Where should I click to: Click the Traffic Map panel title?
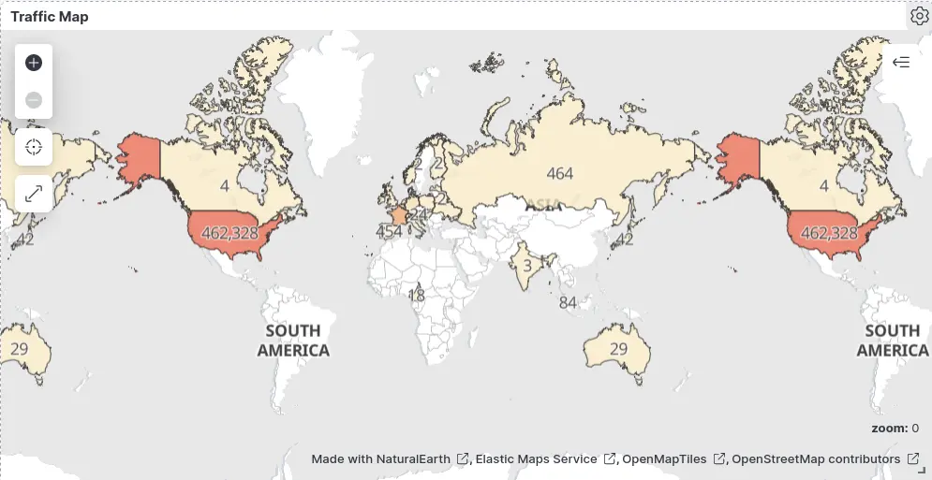pyautogui.click(x=50, y=17)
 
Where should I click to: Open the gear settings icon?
pyautogui.click(x=918, y=16)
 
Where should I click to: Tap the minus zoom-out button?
pyautogui.click(x=34, y=99)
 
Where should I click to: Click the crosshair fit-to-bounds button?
pyautogui.click(x=34, y=147)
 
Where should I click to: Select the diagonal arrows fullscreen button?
pyautogui.click(x=34, y=194)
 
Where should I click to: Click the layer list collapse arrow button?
pyautogui.click(x=901, y=63)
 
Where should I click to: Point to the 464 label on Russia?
pyautogui.click(x=559, y=173)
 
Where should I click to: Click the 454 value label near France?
pyautogui.click(x=388, y=231)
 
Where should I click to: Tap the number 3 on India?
pyautogui.click(x=527, y=266)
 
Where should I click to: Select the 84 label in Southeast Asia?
pyautogui.click(x=568, y=302)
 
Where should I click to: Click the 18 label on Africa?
pyautogui.click(x=417, y=296)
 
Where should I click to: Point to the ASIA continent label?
pyautogui.click(x=543, y=204)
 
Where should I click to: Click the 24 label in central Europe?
pyautogui.click(x=420, y=213)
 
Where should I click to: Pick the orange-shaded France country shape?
pyautogui.click(x=400, y=216)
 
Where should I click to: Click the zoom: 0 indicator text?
pyautogui.click(x=895, y=428)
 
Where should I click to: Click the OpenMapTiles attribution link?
pyautogui.click(x=664, y=458)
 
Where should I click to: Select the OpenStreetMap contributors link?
pyautogui.click(x=816, y=458)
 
